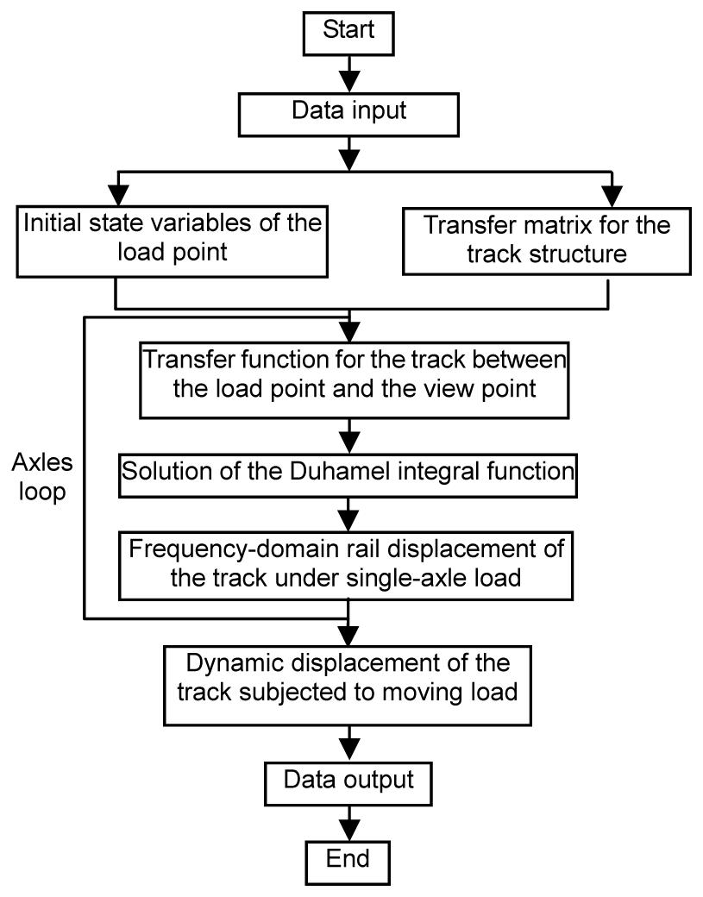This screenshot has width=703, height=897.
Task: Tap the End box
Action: point(348,859)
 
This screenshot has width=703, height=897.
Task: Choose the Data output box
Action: point(348,781)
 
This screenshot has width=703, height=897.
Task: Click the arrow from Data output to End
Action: point(348,820)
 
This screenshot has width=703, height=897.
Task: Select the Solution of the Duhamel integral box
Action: point(347,472)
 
